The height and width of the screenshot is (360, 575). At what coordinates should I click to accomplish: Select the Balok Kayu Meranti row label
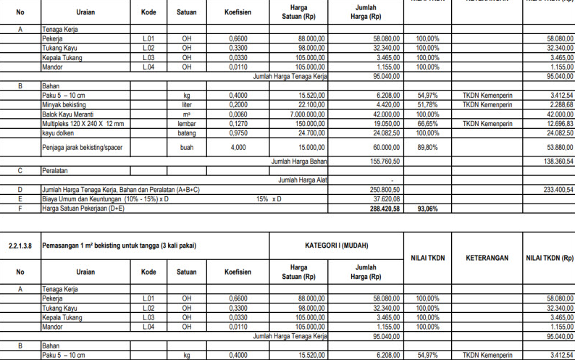pos(69,114)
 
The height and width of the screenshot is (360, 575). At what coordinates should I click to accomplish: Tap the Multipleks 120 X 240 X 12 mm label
pos(83,123)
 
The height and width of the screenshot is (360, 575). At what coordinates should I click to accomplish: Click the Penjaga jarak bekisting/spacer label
pos(84,146)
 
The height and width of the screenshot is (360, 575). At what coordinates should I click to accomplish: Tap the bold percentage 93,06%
pos(427,207)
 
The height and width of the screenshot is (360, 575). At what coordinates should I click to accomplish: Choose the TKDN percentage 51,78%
pos(427,104)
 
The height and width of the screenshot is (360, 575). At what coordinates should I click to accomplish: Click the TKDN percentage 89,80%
pos(427,146)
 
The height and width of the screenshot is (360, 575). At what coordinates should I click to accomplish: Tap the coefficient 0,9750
pos(238,133)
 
